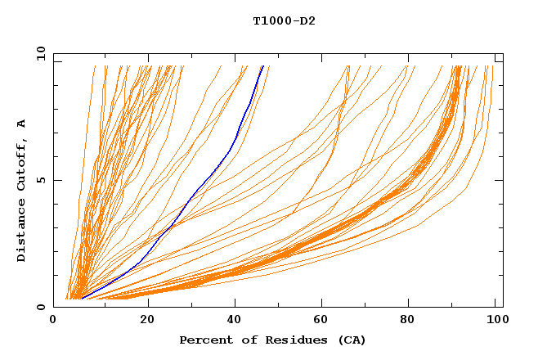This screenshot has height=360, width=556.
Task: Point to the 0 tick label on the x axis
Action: coord(54,320)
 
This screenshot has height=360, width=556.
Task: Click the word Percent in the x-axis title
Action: coord(204,340)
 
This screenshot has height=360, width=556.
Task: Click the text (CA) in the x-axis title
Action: coord(352,340)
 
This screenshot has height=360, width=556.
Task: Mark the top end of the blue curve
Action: coord(262,66)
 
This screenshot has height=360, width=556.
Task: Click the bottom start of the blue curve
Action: coord(82,299)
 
